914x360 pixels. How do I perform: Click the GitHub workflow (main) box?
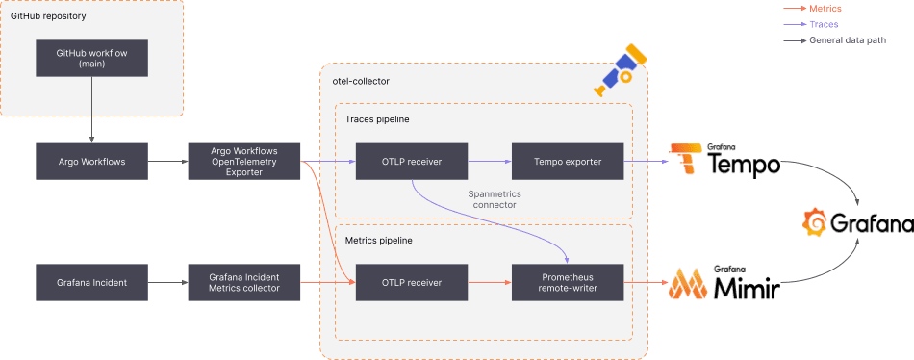pyautogui.click(x=91, y=58)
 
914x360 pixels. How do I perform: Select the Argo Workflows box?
pyautogui.click(x=91, y=161)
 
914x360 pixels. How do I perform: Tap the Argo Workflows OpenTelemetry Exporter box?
pyautogui.click(x=243, y=161)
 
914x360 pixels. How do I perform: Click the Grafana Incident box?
pyautogui.click(x=91, y=282)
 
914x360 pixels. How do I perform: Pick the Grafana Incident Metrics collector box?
pyautogui.click(x=243, y=282)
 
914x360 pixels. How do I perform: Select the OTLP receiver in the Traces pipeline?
pyautogui.click(x=411, y=161)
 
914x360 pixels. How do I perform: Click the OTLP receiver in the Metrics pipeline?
pyautogui.click(x=411, y=282)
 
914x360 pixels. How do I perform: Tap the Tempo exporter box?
pyautogui.click(x=568, y=161)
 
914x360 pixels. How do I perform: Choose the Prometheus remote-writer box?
pyautogui.click(x=568, y=282)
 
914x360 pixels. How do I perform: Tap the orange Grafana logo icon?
pyautogui.click(x=816, y=222)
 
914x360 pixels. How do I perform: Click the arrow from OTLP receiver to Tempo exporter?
pyautogui.click(x=489, y=161)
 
